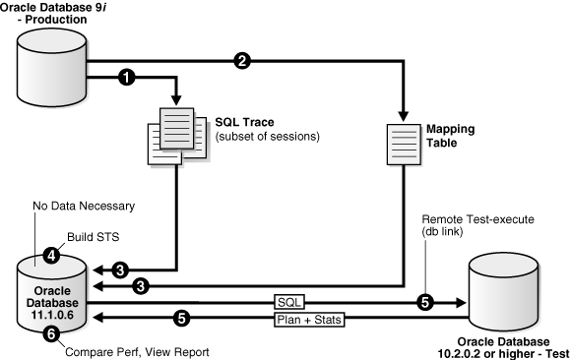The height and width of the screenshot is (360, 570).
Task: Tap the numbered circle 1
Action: (x=127, y=76)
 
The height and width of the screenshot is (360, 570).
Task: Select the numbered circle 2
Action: (x=241, y=61)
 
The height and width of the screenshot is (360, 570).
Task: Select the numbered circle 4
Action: (x=52, y=254)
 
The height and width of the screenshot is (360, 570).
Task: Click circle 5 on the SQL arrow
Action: (x=426, y=303)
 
